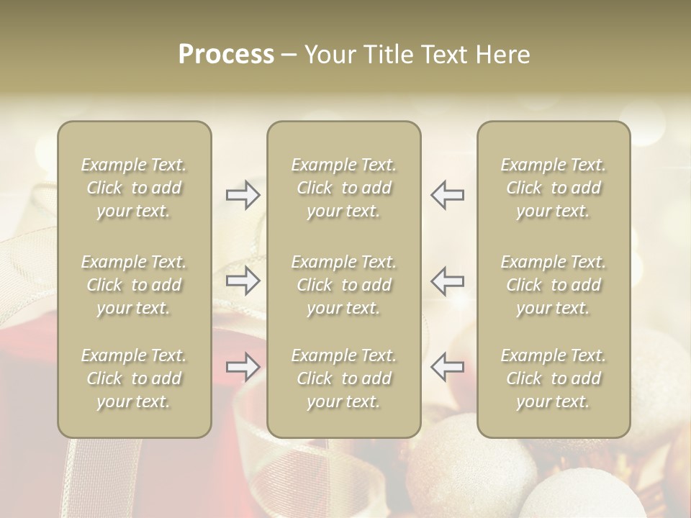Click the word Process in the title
coord(226,55)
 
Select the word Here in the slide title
coord(501,55)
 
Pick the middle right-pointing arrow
coord(243,281)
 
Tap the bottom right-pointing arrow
coord(243,367)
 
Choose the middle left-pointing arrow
coord(447,281)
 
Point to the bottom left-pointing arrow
coord(447,367)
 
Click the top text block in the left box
coord(134,188)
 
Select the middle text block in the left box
coord(134,285)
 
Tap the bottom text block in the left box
coord(134,378)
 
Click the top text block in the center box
coord(344,188)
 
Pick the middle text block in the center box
coord(344,285)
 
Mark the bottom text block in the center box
coord(344,378)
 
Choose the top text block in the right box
coord(554,188)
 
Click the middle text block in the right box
coord(554,285)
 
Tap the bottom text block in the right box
coord(554,378)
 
